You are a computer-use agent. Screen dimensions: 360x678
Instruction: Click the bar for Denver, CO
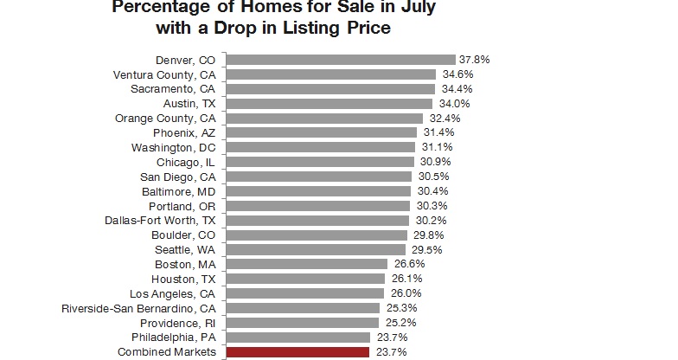(x=341, y=60)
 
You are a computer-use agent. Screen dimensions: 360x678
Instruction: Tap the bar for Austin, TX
(x=329, y=103)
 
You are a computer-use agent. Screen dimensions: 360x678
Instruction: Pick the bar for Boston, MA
(x=307, y=264)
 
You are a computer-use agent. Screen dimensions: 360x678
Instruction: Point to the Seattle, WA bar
(x=316, y=249)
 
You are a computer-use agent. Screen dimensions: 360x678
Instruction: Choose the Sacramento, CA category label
(x=173, y=89)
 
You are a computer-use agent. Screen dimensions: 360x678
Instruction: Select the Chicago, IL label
(x=186, y=162)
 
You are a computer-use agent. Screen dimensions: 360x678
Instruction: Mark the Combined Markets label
(x=171, y=352)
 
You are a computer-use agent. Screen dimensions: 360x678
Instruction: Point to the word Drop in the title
(x=245, y=29)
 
